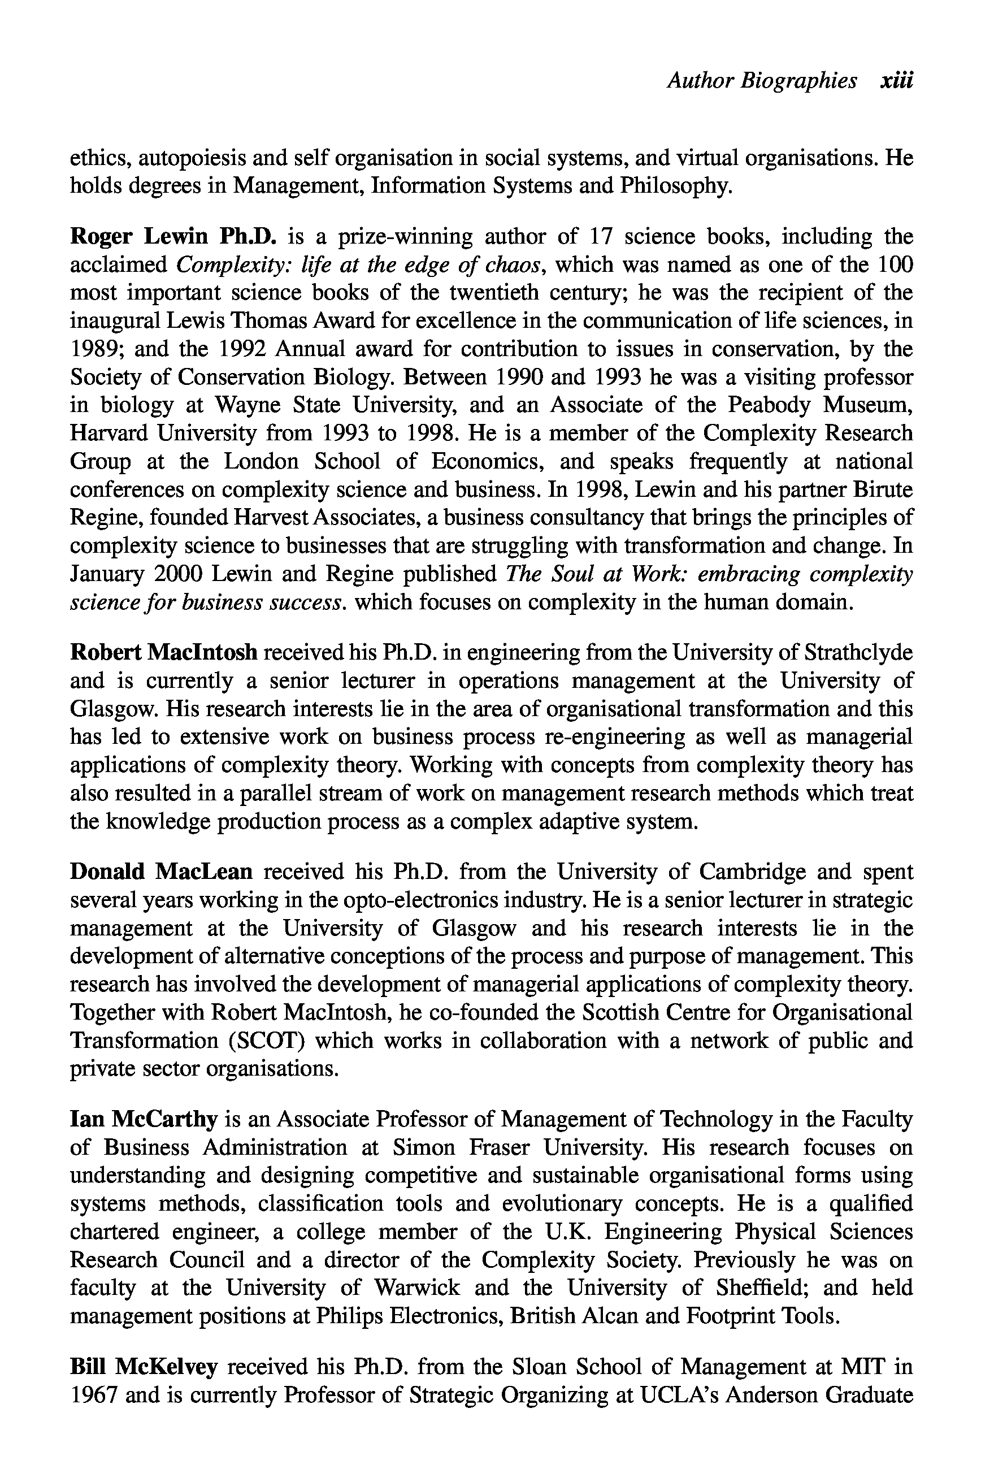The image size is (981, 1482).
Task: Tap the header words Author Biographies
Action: click(x=761, y=81)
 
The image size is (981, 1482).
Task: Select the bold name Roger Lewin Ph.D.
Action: click(x=173, y=236)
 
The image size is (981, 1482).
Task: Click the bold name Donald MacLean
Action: click(x=162, y=872)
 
